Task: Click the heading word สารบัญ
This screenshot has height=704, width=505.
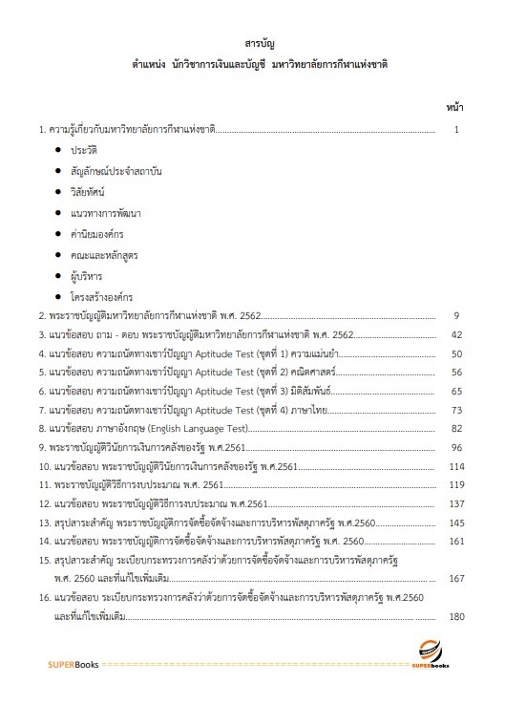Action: [x=254, y=44]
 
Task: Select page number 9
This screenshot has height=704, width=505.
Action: [x=458, y=314]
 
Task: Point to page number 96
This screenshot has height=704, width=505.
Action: [x=456, y=447]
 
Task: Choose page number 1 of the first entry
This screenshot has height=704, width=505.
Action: [x=458, y=128]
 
